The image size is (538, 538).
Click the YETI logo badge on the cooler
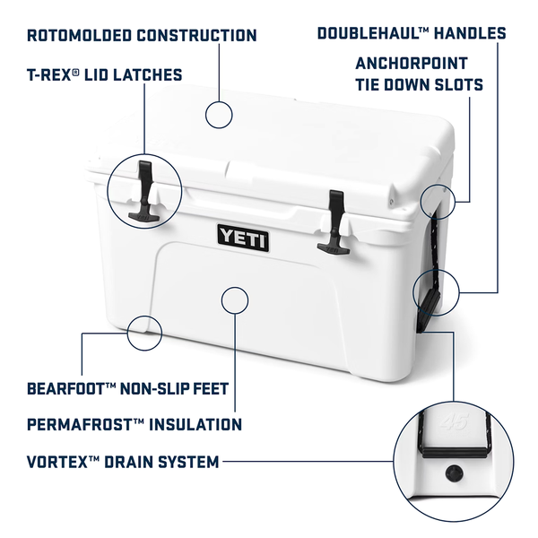(243, 238)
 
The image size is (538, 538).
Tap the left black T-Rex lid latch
(144, 191)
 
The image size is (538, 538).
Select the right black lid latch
(334, 223)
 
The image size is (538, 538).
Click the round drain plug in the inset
(454, 473)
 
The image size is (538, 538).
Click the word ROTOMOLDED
(79, 36)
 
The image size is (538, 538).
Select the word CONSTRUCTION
(196, 36)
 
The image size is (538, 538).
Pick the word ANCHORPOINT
(412, 64)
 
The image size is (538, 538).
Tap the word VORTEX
(57, 462)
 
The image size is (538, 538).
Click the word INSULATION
(195, 425)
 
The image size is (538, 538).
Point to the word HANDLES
(470, 33)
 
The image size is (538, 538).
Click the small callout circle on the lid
(219, 102)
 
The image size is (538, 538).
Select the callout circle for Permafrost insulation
(235, 287)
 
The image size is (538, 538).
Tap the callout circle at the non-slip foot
(144, 317)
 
